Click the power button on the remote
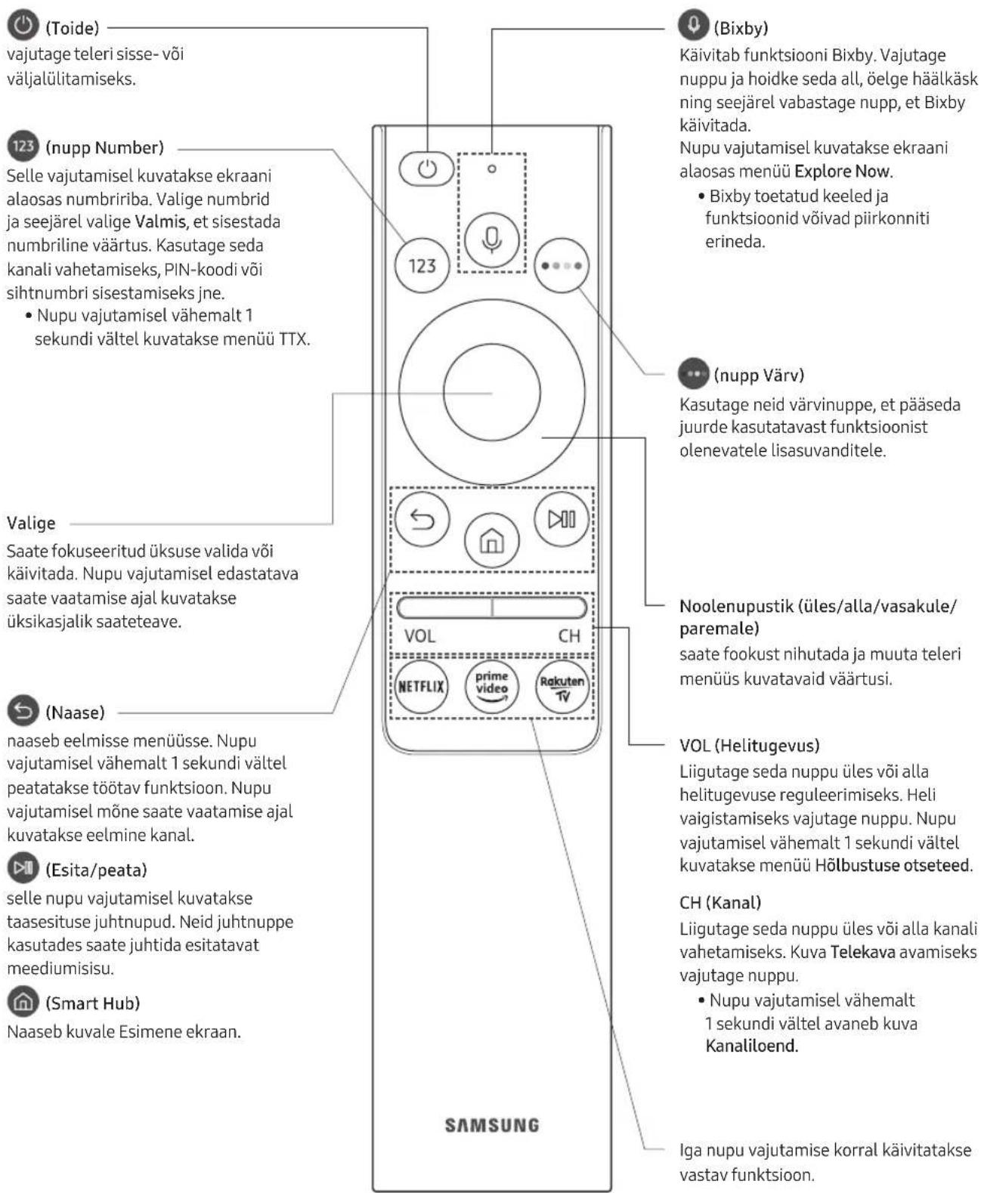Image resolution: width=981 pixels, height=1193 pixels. coord(426,168)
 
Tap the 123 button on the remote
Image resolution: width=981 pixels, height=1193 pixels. coord(422,265)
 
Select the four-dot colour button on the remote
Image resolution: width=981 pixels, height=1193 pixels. coord(562,265)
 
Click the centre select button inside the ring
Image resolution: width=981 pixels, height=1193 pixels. coord(491,392)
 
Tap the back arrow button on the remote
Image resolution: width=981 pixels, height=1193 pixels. coord(422,519)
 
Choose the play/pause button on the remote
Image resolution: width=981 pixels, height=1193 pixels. coord(562,519)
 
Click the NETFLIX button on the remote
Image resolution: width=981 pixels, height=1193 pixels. coord(421,687)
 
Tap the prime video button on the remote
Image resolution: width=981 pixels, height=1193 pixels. coord(491,687)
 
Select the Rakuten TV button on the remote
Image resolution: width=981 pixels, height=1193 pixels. coord(562,687)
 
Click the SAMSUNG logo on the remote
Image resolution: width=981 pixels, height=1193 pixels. coord(491,1125)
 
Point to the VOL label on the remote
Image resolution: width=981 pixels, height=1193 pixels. coord(419,636)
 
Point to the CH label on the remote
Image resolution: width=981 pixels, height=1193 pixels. coord(569,636)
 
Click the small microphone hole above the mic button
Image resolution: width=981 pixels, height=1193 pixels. coord(491,168)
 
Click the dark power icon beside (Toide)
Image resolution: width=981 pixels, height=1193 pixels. coord(23,26)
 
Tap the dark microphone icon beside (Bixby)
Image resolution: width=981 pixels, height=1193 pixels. coord(694,25)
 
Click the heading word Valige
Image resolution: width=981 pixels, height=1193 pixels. coord(31,524)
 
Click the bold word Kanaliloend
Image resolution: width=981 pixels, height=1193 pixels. coord(751,1046)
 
